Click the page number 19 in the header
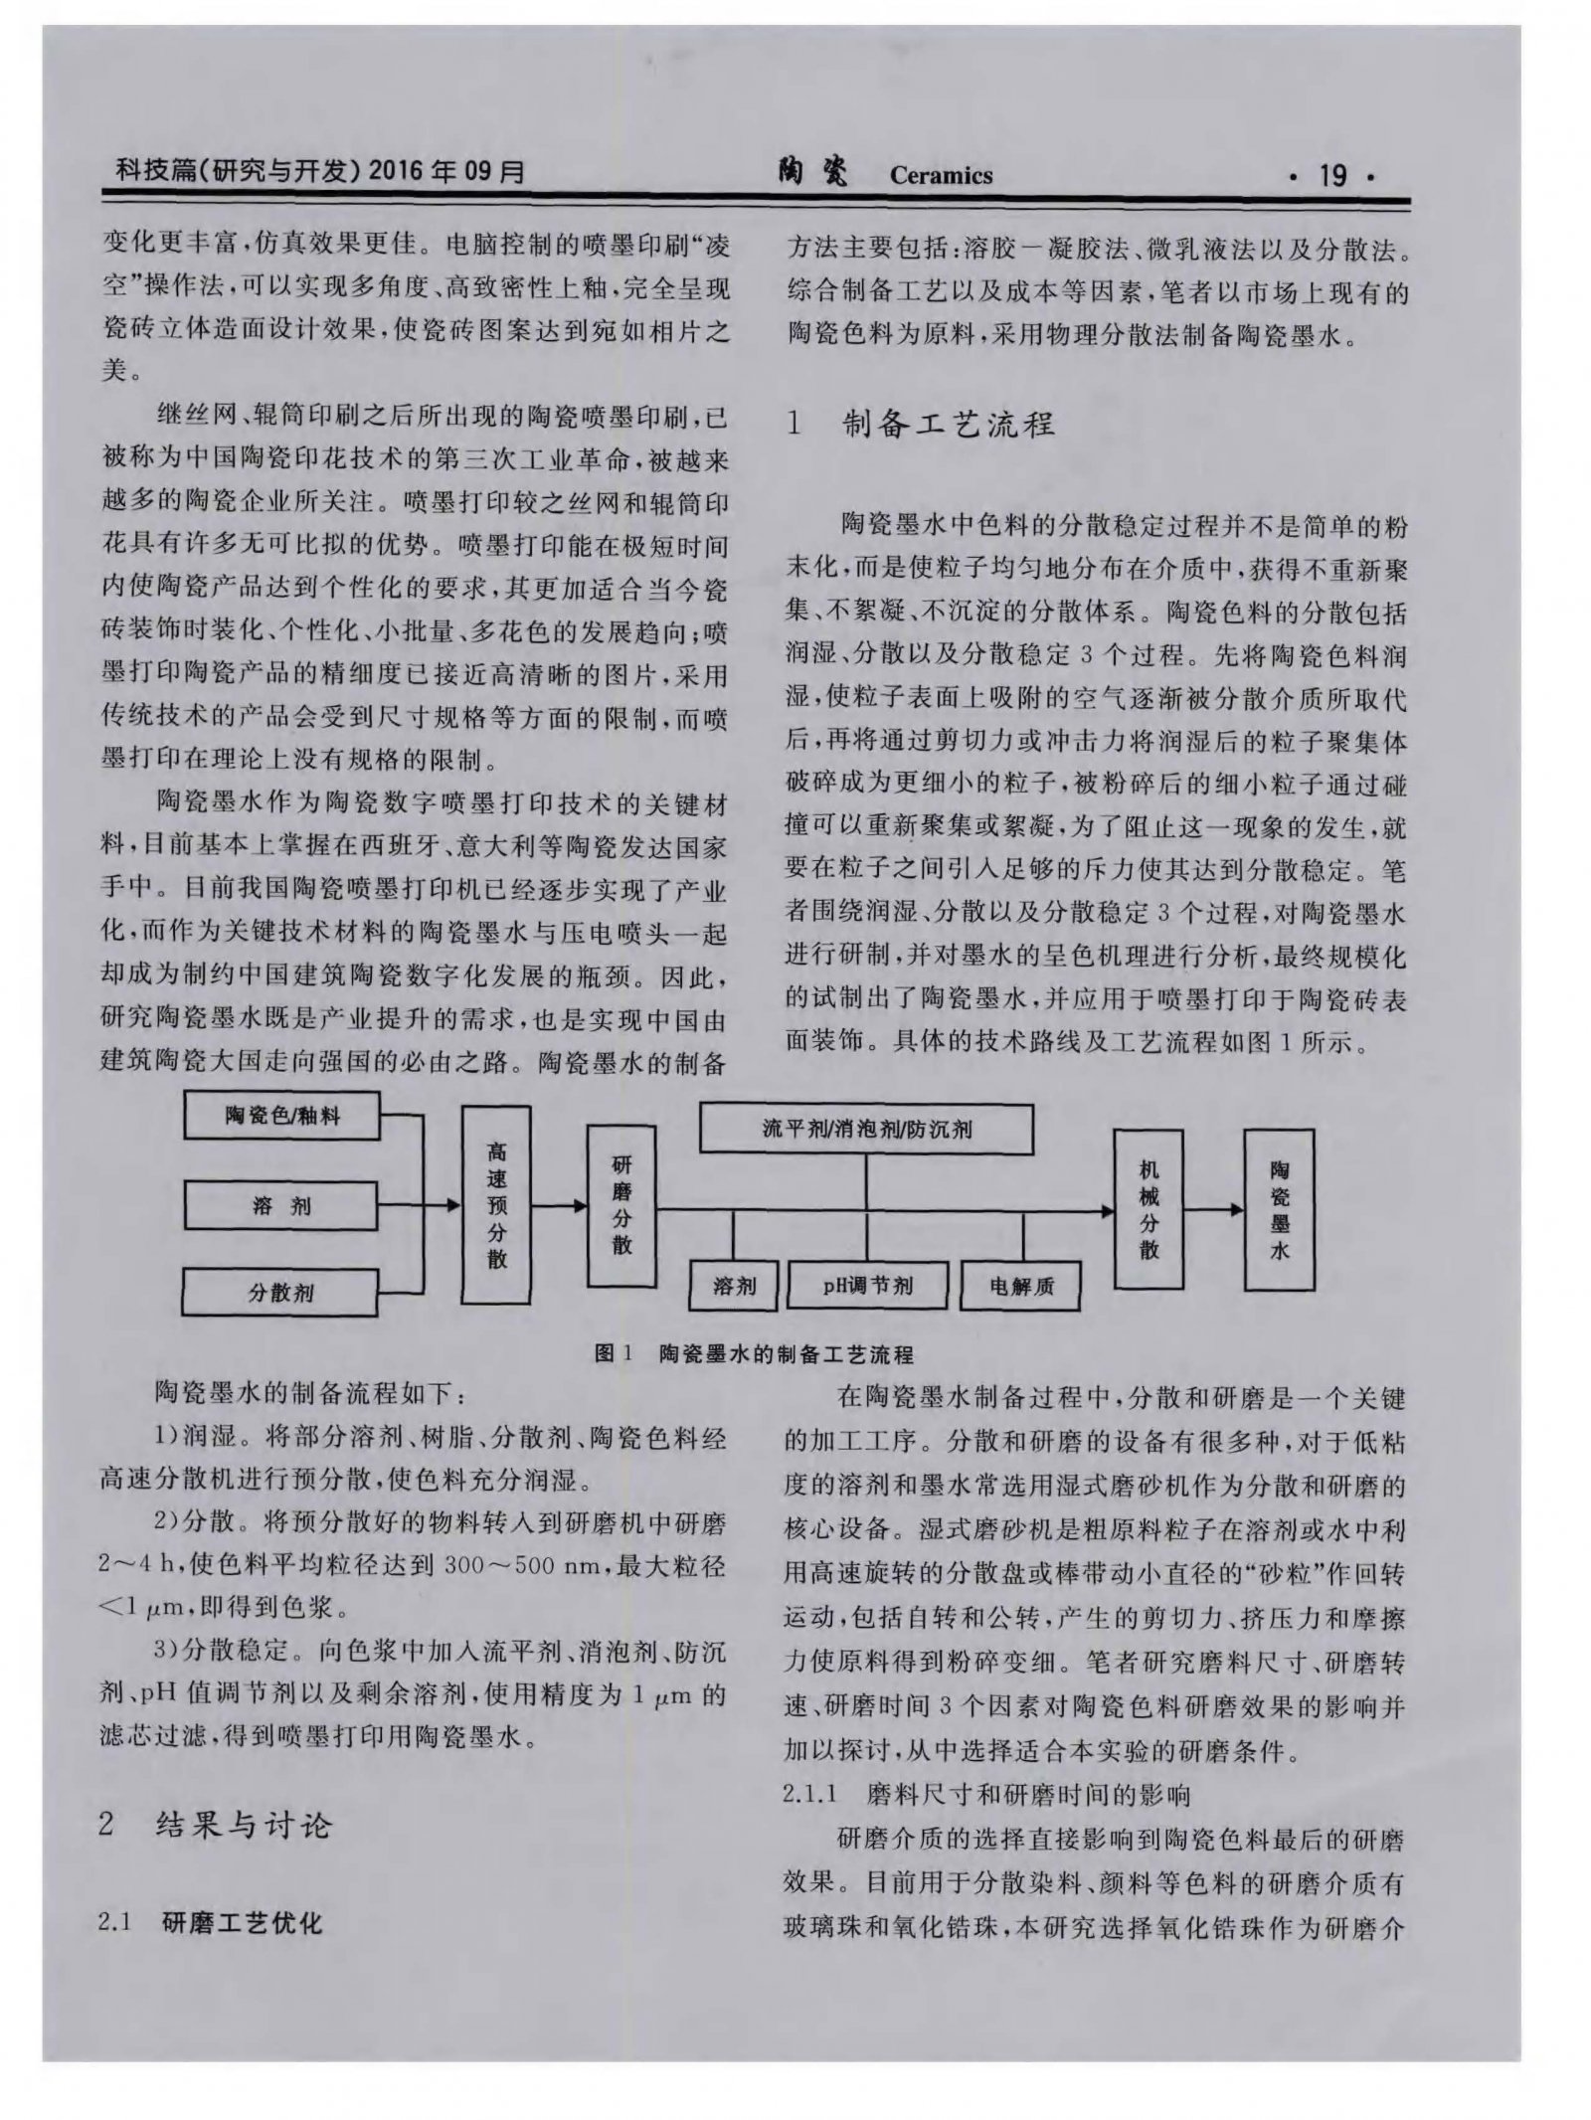[x=1330, y=176]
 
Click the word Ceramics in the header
[x=941, y=176]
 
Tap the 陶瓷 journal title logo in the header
[x=814, y=173]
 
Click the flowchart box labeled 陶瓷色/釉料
[x=281, y=1116]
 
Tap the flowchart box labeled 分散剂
[x=280, y=1293]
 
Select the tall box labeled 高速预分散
[x=496, y=1206]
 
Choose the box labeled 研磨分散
[x=621, y=1205]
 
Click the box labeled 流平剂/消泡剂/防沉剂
[x=866, y=1129]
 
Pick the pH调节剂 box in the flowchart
[x=866, y=1286]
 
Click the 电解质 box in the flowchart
[x=1021, y=1287]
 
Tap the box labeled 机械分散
[x=1149, y=1208]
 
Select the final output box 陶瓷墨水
[x=1279, y=1208]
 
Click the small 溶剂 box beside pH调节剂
[x=734, y=1286]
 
